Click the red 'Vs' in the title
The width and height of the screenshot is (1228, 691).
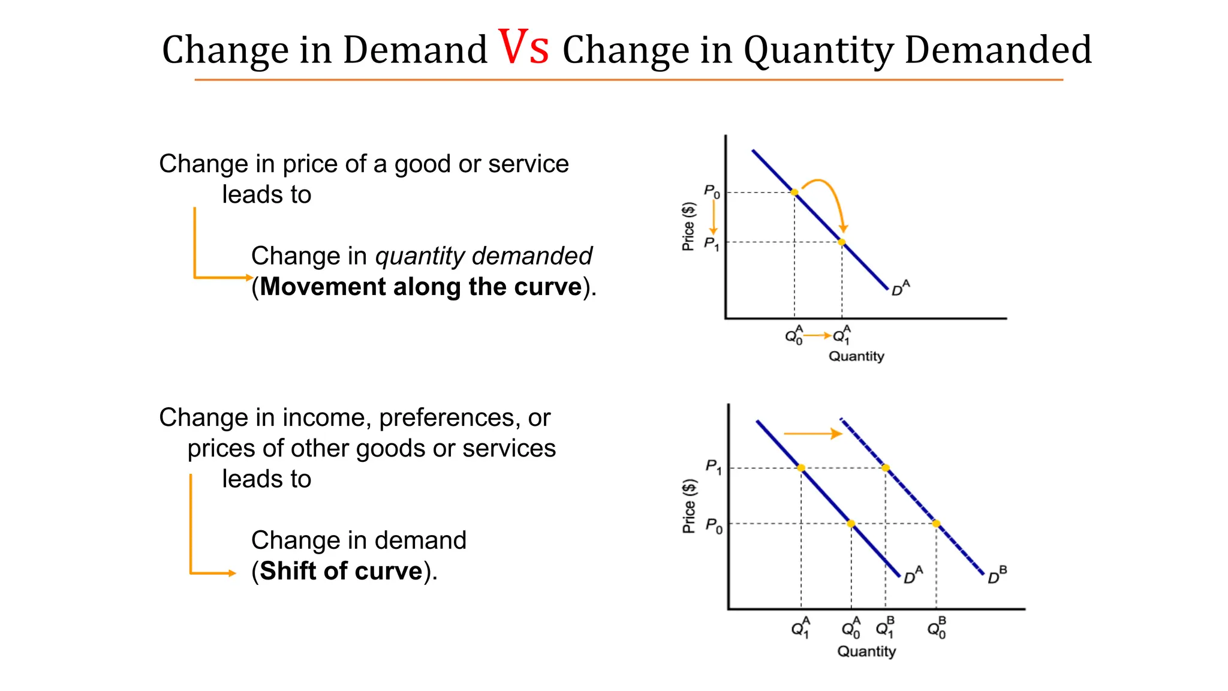click(x=523, y=48)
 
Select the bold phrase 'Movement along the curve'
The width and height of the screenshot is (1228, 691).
click(x=421, y=287)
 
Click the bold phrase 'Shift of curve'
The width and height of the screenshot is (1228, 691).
click(x=341, y=571)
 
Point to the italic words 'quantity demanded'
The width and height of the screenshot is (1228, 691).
click(x=483, y=256)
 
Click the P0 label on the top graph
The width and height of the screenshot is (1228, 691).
click(x=712, y=192)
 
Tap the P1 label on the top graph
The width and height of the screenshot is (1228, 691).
click(x=711, y=244)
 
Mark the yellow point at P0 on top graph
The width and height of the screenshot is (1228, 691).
click(x=794, y=193)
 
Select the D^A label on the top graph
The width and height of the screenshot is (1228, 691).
click(x=900, y=289)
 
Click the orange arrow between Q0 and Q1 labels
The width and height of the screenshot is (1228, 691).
click(x=817, y=335)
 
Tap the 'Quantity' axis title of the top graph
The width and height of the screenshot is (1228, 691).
click(x=856, y=356)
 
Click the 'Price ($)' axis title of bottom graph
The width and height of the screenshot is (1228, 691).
click(x=689, y=506)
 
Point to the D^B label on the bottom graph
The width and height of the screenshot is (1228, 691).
click(x=997, y=575)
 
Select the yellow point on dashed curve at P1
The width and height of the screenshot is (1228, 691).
click(x=886, y=468)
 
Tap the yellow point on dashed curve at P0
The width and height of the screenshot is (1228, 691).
click(x=936, y=524)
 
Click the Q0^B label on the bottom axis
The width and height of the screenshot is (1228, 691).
click(x=937, y=628)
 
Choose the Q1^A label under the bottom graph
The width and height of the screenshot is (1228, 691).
click(x=800, y=628)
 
